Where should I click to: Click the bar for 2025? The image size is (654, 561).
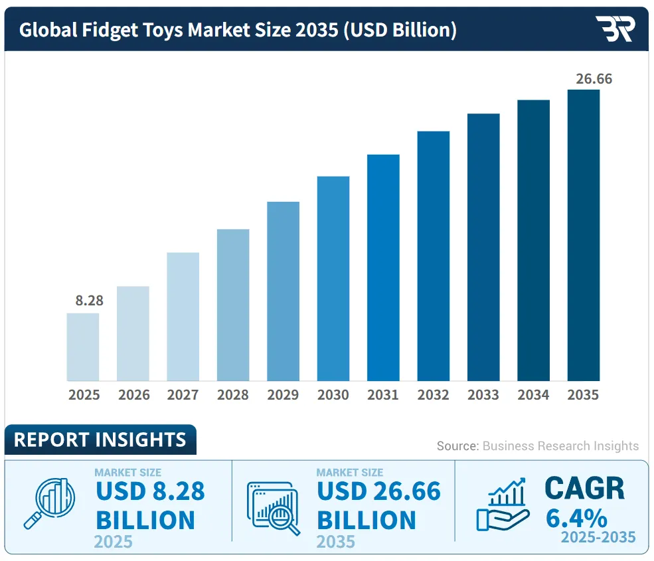pyautogui.click(x=83, y=347)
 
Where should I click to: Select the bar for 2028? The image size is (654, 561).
pyautogui.click(x=233, y=305)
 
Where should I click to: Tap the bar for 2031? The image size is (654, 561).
pyautogui.click(x=383, y=268)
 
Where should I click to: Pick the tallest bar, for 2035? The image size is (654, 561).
pyautogui.click(x=584, y=235)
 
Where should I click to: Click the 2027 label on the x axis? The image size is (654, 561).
pyautogui.click(x=183, y=395)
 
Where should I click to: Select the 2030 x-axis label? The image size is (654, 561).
pyautogui.click(x=333, y=395)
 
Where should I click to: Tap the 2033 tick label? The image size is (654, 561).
pyautogui.click(x=483, y=395)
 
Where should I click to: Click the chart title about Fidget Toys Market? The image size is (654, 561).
pyautogui.click(x=237, y=30)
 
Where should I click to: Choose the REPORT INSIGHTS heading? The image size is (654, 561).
pyautogui.click(x=100, y=440)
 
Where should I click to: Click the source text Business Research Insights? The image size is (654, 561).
pyautogui.click(x=560, y=446)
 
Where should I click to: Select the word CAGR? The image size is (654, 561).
pyautogui.click(x=584, y=489)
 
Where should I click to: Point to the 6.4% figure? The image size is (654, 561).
pyautogui.click(x=576, y=517)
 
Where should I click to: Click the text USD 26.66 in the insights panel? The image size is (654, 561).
pyautogui.click(x=378, y=491)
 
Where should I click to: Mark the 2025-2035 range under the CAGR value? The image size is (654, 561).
pyautogui.click(x=598, y=536)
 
